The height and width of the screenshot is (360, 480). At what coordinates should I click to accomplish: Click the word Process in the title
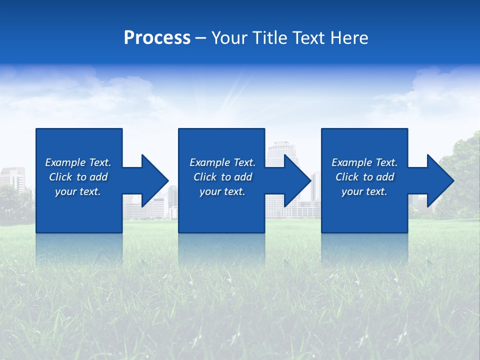point(157,38)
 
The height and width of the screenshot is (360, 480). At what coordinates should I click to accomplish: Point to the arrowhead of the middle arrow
point(298,180)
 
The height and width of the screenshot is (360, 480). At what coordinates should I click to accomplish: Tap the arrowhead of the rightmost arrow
point(440,180)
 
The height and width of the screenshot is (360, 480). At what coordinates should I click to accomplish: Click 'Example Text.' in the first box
point(78,162)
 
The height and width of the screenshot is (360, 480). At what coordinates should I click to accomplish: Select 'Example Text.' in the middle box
point(222,162)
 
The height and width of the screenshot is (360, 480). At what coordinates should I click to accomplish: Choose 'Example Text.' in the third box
point(364,162)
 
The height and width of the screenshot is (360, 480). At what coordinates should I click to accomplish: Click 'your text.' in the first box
point(78,191)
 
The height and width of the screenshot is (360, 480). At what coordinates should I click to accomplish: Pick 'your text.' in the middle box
point(222,191)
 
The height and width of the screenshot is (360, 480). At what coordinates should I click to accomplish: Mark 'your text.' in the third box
point(364,191)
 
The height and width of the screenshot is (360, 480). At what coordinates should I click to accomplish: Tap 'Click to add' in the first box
point(78,177)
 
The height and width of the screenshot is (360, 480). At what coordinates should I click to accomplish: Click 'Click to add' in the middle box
point(222,177)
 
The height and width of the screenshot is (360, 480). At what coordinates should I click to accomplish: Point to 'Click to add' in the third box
point(364,177)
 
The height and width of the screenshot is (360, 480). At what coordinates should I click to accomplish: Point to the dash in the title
point(200,38)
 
